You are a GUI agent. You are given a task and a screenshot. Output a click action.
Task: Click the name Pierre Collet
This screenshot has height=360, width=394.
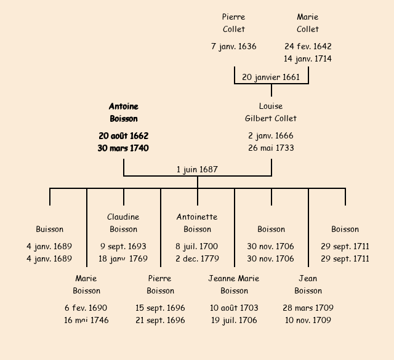[234, 23]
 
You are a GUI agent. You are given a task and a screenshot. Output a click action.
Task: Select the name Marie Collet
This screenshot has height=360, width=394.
[308, 23]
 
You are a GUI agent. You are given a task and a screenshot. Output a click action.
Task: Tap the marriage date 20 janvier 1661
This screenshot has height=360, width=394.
[271, 77]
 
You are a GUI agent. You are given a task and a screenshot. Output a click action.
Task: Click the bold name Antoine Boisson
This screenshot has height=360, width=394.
[124, 113]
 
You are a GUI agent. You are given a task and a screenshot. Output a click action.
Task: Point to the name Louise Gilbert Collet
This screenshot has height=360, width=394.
[271, 112]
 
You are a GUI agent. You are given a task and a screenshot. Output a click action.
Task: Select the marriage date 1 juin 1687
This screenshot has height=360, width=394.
[197, 169]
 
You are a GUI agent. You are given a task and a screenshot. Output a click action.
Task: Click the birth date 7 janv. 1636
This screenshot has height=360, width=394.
[234, 46]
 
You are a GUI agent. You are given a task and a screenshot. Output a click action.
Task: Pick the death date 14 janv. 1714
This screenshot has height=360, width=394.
[308, 59]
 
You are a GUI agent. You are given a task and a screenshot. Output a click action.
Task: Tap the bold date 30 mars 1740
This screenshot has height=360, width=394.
[124, 148]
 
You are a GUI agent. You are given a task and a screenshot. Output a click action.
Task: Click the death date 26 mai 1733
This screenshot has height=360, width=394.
[271, 148]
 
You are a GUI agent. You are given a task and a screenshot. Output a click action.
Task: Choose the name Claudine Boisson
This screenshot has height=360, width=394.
[124, 223]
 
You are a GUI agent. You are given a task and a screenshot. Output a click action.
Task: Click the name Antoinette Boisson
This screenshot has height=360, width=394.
[197, 223]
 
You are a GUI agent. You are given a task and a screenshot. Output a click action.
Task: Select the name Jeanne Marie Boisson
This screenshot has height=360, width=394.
[234, 284]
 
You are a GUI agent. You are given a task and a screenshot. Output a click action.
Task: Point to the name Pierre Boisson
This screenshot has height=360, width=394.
[161, 284]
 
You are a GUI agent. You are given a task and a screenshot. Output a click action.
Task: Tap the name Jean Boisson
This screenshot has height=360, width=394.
[308, 284]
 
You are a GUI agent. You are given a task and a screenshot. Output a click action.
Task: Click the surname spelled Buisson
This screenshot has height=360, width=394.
[50, 229]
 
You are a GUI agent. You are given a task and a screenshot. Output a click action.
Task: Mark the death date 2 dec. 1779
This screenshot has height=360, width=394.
[197, 259]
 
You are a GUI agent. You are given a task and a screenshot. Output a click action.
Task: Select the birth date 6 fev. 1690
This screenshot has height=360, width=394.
[86, 308]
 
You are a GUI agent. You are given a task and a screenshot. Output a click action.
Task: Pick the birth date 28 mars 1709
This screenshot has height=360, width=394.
[308, 308]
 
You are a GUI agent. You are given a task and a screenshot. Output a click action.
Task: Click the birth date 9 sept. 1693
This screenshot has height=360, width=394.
[124, 246]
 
